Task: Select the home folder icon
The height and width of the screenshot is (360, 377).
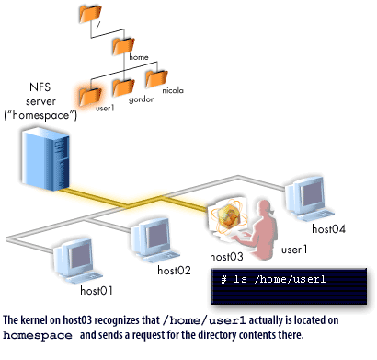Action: click(x=122, y=45)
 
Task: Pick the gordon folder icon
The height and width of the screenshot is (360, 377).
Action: click(x=123, y=88)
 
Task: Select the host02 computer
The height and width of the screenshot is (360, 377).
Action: click(x=149, y=238)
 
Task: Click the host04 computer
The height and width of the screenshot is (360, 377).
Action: click(x=304, y=195)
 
